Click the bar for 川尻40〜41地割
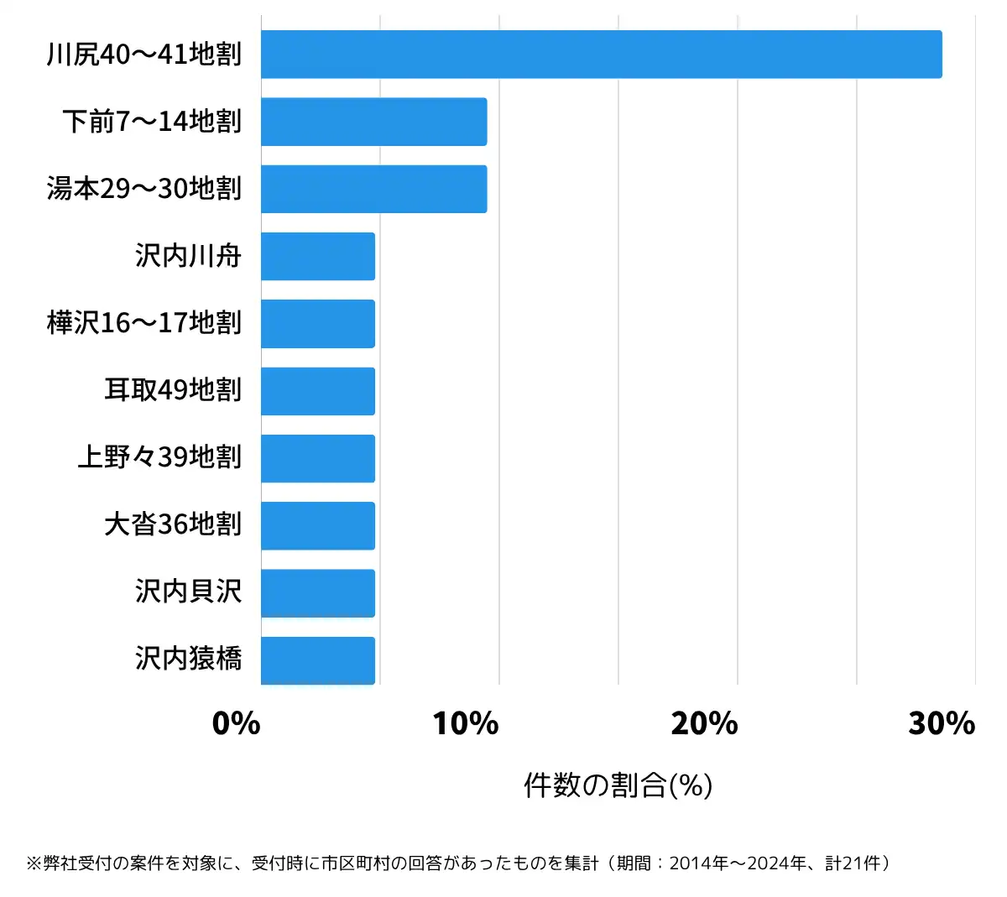(601, 55)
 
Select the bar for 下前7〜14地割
(373, 122)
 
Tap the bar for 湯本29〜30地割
(373, 189)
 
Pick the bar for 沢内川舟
(317, 256)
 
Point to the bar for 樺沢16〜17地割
(317, 324)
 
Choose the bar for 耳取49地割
(317, 391)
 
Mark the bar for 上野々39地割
(317, 458)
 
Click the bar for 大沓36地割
(317, 526)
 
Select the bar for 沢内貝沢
(317, 593)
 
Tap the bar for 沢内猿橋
(317, 660)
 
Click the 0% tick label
(237, 723)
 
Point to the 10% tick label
(466, 723)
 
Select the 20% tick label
(704, 723)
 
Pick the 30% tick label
(942, 723)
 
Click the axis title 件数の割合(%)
(618, 785)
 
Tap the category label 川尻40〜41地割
(144, 55)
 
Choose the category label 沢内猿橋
(189, 659)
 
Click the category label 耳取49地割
(173, 390)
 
